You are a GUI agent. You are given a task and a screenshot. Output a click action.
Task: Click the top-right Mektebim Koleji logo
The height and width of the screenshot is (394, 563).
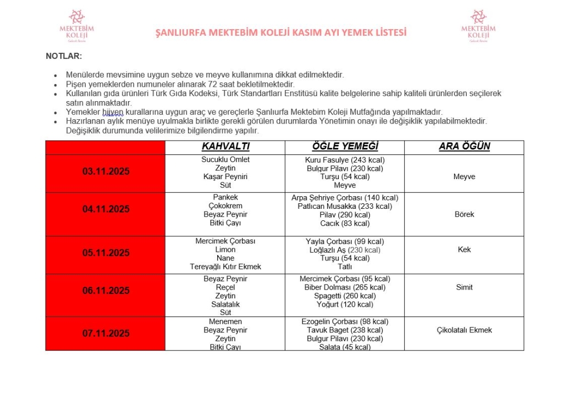coord(478,26)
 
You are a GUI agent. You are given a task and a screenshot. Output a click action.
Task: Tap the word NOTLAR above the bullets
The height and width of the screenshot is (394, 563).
coord(64,56)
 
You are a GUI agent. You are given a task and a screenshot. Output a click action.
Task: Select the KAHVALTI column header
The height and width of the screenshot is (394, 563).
coord(225,147)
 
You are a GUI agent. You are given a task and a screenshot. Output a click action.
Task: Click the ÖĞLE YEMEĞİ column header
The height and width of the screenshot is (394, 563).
coord(345,147)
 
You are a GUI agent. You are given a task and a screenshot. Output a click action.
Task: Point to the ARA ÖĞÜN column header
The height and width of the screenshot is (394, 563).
coord(464,147)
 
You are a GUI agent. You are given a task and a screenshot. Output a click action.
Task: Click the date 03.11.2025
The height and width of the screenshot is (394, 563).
coord(106,171)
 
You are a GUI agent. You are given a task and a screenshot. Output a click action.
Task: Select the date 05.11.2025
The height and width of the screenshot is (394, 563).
coord(106,253)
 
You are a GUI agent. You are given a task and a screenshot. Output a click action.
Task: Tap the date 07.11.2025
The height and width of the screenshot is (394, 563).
coord(106,333)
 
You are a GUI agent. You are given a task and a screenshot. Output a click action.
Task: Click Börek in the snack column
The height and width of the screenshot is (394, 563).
coord(464,214)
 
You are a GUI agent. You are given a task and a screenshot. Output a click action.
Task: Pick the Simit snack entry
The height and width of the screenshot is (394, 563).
coord(464,287)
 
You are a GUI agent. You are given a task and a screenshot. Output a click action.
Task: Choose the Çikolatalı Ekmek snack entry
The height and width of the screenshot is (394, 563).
coord(464,330)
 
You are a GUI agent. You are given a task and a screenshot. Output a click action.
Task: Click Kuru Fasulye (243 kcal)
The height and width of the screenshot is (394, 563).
coord(345,160)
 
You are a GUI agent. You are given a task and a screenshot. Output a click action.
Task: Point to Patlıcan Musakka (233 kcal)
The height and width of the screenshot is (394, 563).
coord(345,206)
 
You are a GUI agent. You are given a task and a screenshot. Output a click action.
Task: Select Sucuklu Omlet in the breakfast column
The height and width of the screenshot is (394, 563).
coord(225,159)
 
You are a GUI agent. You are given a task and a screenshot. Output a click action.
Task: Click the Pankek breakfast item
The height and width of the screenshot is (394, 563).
coord(225,197)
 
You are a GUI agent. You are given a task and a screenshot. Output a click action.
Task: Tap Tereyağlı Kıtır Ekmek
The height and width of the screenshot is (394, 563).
coord(225,267)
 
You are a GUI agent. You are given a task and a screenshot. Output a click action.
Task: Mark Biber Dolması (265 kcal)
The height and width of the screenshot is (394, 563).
coord(345,287)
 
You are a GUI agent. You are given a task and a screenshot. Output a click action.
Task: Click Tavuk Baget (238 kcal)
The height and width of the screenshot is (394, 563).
coord(345,330)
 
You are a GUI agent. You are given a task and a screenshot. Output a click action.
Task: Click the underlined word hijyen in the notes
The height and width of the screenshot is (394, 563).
coord(113,112)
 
